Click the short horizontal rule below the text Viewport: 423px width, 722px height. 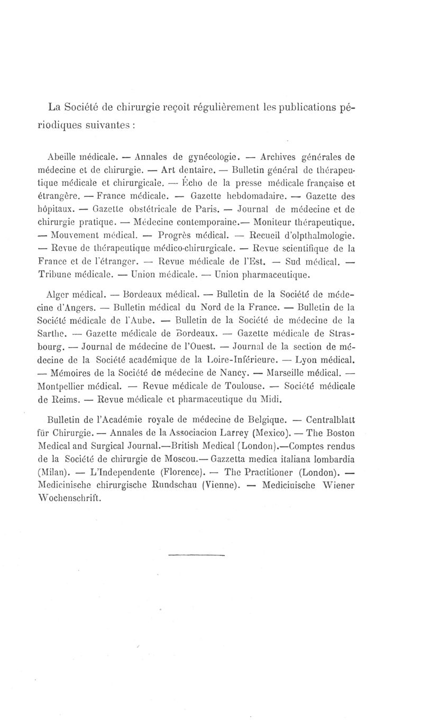point(197,555)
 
